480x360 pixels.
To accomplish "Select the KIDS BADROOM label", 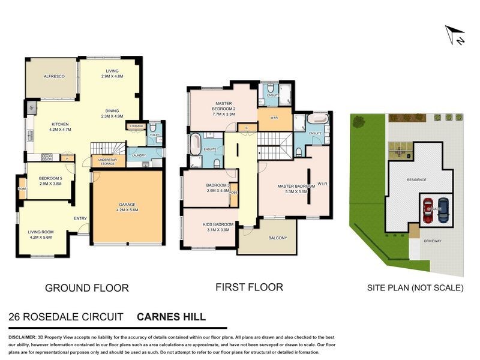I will (x=209, y=226).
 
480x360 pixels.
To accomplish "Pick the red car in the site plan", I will (x=428, y=210).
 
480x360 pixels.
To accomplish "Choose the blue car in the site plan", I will (x=443, y=210).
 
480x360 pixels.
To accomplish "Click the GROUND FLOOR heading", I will (x=87, y=288).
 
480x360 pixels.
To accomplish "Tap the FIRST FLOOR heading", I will (x=249, y=287).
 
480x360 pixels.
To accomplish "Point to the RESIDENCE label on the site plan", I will (x=416, y=179).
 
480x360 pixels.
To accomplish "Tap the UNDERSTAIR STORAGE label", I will (x=108, y=161).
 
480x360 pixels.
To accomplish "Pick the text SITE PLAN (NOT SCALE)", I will (x=415, y=288).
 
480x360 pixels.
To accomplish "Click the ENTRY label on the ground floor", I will (x=80, y=219).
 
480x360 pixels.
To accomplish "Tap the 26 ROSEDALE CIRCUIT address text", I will (x=66, y=316).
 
